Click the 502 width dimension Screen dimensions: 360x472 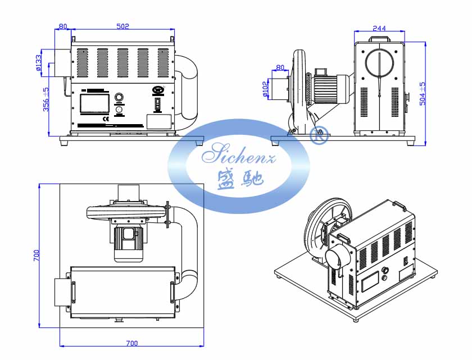point(122,26)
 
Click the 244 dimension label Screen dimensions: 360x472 point(379,28)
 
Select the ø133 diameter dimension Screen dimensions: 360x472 point(39,62)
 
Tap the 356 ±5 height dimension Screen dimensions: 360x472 point(47,99)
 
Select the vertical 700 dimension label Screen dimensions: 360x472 point(35,256)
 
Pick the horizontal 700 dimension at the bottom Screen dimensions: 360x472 point(131,343)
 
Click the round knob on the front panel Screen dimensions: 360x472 point(119,97)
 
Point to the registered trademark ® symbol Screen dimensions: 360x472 point(319,135)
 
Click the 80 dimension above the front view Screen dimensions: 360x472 point(62,26)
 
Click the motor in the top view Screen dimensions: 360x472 point(129,241)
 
